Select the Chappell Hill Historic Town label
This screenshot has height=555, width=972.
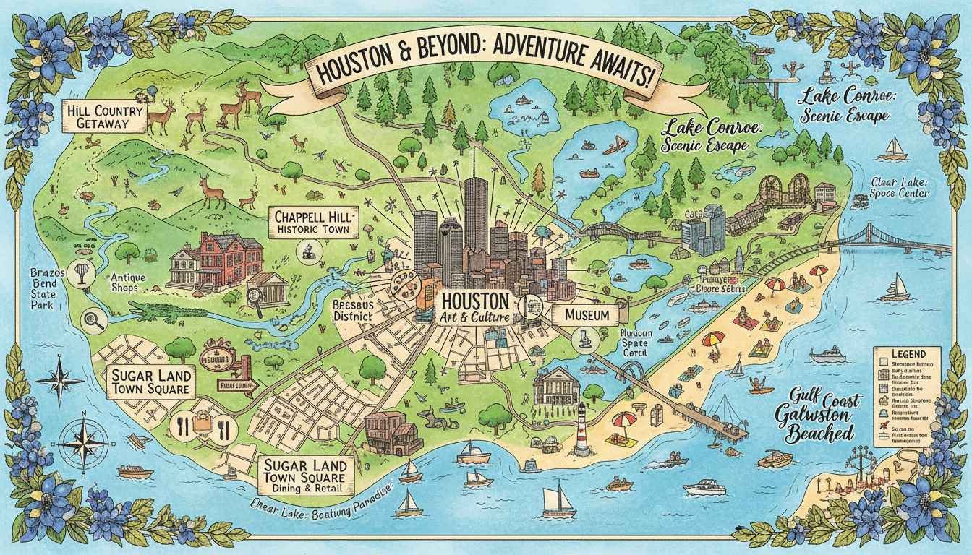point(312,222)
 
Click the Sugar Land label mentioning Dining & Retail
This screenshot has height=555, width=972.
point(306,473)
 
